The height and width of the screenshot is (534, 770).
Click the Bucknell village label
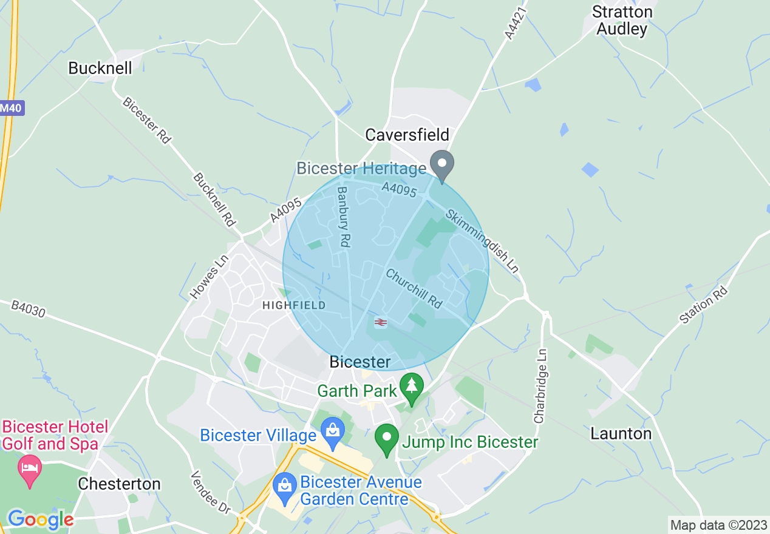point(100,68)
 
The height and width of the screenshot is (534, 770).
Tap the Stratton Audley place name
point(622,20)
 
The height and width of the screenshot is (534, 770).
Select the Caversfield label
point(407,134)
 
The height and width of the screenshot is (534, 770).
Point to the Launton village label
point(621,433)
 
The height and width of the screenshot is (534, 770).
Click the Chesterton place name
point(119,484)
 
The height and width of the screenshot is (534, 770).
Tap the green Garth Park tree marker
point(412,388)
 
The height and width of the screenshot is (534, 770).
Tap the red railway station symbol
point(381,322)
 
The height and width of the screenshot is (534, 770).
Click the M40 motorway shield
point(10,107)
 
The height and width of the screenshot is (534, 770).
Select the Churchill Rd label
point(414,288)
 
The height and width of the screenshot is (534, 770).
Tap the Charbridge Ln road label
point(540,385)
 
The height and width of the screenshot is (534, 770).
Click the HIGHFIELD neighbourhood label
point(293,305)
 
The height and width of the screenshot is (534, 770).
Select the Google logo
point(40,519)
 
